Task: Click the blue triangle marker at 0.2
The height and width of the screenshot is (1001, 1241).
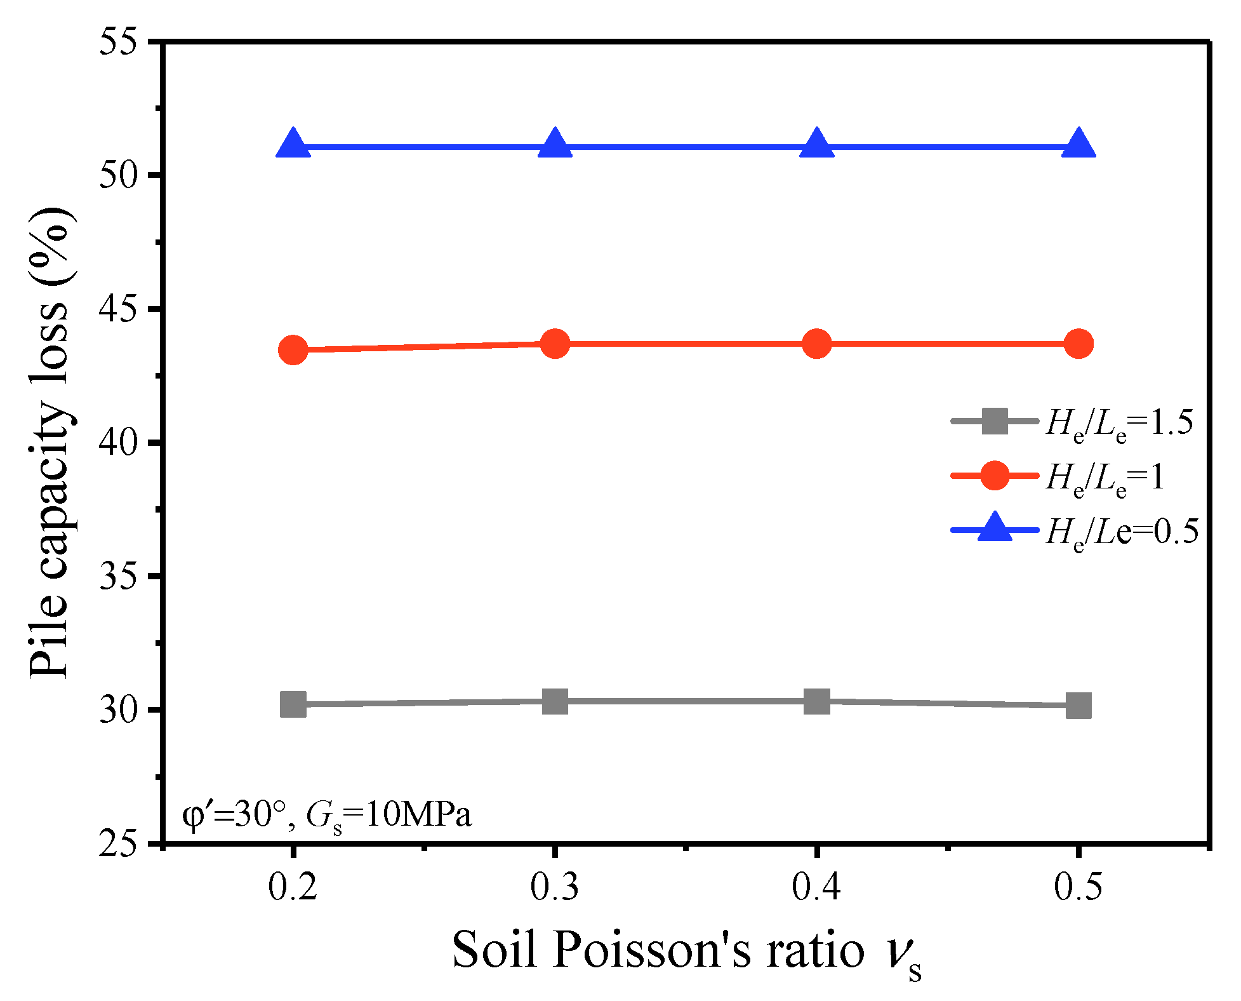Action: pyautogui.click(x=293, y=144)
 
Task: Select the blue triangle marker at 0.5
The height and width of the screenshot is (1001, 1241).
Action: pyautogui.click(x=1078, y=144)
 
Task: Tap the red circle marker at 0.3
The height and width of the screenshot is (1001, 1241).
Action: pyautogui.click(x=555, y=344)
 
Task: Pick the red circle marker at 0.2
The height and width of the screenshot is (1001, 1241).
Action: pyautogui.click(x=293, y=349)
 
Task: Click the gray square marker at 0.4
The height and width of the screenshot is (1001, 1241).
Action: pyautogui.click(x=816, y=701)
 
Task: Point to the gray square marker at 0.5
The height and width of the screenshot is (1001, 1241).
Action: pyautogui.click(x=1078, y=705)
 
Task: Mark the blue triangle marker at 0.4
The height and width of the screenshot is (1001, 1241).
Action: pyautogui.click(x=816, y=144)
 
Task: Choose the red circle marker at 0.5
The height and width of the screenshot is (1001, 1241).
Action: pyautogui.click(x=1078, y=344)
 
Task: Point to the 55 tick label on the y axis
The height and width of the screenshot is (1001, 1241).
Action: pyautogui.click(x=119, y=43)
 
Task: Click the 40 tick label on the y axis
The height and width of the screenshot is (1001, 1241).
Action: pyautogui.click(x=119, y=443)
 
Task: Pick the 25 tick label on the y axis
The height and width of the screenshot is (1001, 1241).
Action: pyautogui.click(x=119, y=844)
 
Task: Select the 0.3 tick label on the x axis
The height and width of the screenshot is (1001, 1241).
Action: pyautogui.click(x=555, y=887)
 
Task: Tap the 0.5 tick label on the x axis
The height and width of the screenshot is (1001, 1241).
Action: pyautogui.click(x=1078, y=887)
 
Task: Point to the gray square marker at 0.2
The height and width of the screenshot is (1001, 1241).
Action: pyautogui.click(x=293, y=704)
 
